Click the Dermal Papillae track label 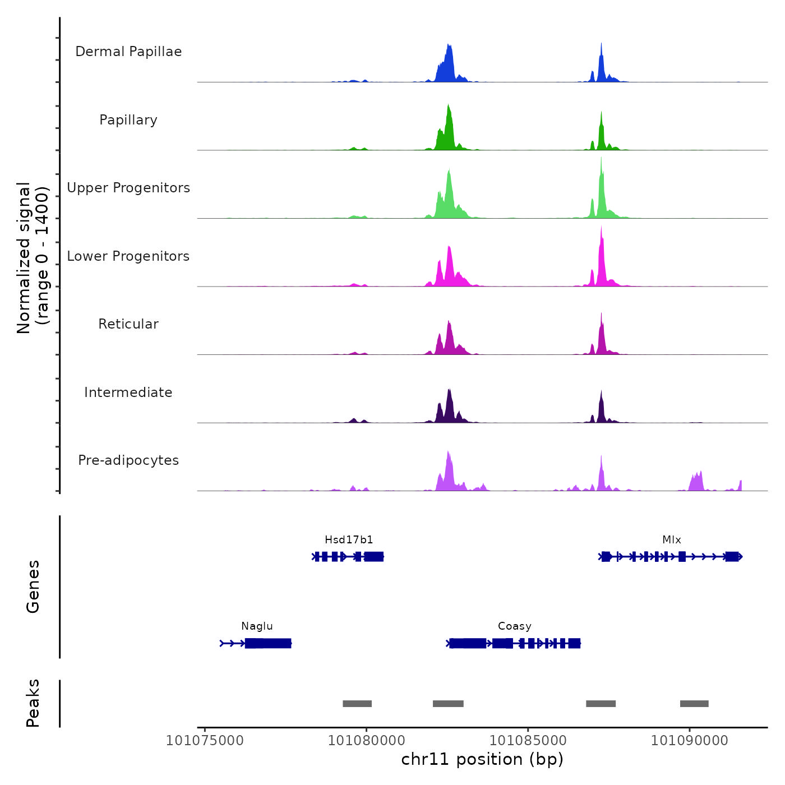(128, 52)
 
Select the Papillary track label (128, 120)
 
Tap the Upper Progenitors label (128, 188)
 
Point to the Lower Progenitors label (128, 256)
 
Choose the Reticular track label (128, 324)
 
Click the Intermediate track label (128, 392)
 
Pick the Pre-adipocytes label (128, 460)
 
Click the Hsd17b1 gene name (349, 540)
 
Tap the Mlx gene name (672, 540)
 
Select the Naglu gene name (257, 626)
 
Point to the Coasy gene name (515, 626)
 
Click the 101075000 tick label (205, 741)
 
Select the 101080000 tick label (366, 741)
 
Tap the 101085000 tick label (528, 741)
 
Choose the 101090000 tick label (690, 741)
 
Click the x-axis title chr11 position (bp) (482, 759)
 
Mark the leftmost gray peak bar (357, 704)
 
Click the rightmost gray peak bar (694, 704)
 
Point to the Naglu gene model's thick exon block (268, 643)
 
